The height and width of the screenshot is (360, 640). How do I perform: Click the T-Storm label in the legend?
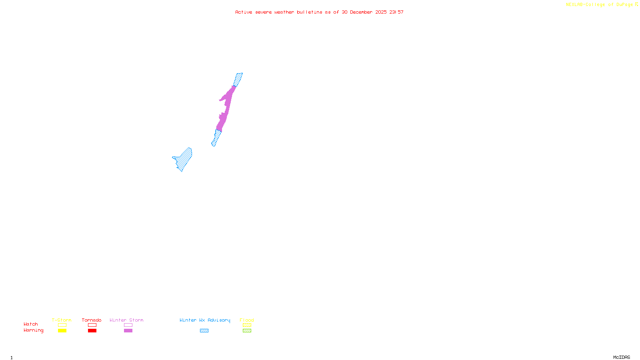pos(62,320)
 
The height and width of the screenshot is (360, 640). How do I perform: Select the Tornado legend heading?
pos(92,320)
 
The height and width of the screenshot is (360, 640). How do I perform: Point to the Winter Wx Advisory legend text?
pos(205,320)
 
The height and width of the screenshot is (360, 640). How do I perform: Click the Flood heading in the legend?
pos(247,320)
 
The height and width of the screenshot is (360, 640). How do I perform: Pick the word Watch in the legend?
pos(31,324)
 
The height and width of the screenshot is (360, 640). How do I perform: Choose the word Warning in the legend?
pos(33,330)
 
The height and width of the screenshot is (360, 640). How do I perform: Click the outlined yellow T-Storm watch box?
pos(62,325)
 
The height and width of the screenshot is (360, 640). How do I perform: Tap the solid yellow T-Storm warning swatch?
pos(62,331)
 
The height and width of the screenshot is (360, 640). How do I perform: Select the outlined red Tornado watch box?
pos(92,325)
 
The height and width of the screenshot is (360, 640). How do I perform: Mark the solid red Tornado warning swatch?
pos(92,331)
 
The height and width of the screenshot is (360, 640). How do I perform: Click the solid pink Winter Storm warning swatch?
pos(128,331)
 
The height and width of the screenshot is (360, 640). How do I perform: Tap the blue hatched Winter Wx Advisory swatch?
pos(204,331)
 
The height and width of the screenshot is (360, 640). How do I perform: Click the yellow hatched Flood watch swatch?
pos(247,325)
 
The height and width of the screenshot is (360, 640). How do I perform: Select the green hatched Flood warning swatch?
pos(247,331)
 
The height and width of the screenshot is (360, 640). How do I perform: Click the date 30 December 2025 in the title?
pos(364,12)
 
